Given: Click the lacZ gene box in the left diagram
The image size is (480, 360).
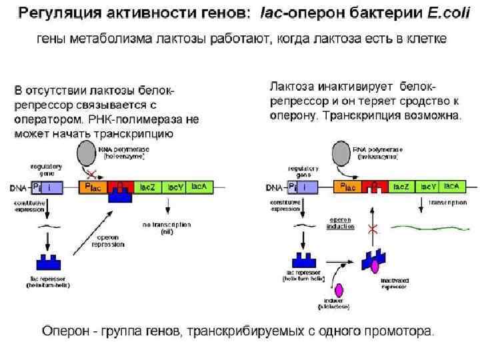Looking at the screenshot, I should pyautogui.click(x=148, y=187).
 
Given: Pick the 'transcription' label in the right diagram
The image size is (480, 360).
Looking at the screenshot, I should pyautogui.click(x=447, y=202).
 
